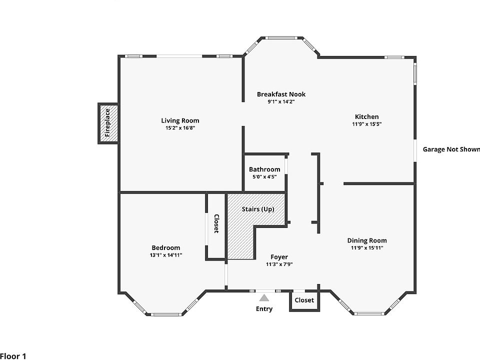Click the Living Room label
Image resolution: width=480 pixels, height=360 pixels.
(x=180, y=120)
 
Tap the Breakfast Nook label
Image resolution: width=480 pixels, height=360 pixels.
(x=281, y=94)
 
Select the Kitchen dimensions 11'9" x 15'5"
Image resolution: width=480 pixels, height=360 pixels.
(x=366, y=124)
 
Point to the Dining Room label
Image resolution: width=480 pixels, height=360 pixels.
(x=366, y=240)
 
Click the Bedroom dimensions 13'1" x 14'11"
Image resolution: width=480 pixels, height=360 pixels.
(x=166, y=255)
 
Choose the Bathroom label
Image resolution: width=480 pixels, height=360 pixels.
(x=264, y=169)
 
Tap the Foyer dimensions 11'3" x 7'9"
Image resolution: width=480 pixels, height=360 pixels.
(x=279, y=264)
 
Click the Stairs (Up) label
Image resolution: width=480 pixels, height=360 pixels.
(x=258, y=209)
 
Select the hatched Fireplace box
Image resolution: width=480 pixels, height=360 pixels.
(x=108, y=123)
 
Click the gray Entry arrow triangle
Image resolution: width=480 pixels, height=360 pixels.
(x=264, y=298)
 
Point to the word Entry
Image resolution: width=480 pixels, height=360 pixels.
(x=264, y=309)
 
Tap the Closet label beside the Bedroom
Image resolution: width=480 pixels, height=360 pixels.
(x=216, y=224)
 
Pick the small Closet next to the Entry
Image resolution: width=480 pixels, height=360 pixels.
(x=304, y=300)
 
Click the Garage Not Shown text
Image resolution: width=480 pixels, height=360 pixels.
(x=451, y=149)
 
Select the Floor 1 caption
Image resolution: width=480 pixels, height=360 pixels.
(x=13, y=356)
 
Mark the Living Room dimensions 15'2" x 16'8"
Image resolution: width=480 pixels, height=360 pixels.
(x=180, y=128)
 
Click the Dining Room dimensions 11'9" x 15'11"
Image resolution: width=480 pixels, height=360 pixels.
(x=366, y=247)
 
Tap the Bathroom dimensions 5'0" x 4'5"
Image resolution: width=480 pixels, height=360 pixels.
(x=264, y=176)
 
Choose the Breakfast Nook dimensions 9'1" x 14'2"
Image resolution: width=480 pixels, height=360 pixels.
(x=281, y=101)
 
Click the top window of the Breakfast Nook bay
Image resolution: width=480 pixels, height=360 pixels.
(x=281, y=38)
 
